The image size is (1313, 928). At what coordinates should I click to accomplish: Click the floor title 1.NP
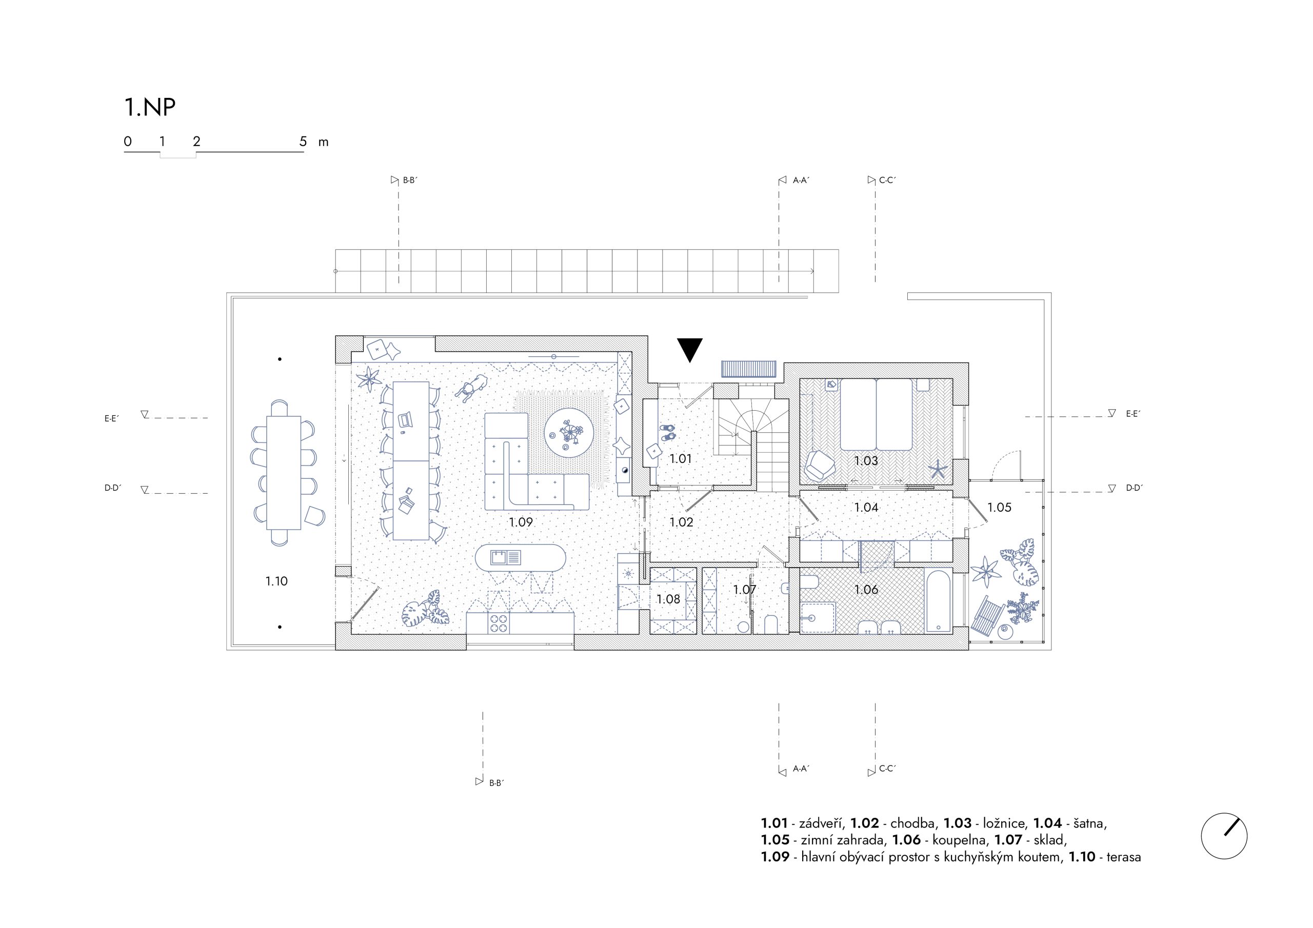tap(150, 107)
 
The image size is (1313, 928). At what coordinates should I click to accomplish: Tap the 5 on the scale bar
tap(303, 141)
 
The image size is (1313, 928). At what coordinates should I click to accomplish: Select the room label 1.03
tap(866, 461)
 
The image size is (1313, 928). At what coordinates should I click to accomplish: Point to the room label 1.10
tap(276, 581)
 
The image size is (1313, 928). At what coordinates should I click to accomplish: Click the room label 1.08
tap(668, 599)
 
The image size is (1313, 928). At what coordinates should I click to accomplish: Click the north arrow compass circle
tap(1224, 835)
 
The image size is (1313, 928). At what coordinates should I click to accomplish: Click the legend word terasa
tap(1124, 857)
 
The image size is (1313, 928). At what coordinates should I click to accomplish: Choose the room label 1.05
tap(999, 507)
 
